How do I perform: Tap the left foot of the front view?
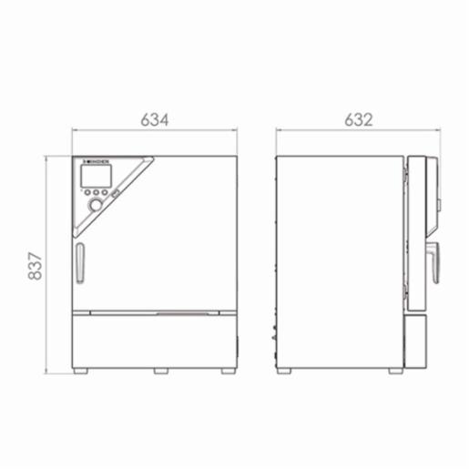point(80,371)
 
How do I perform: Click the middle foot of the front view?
point(160,371)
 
